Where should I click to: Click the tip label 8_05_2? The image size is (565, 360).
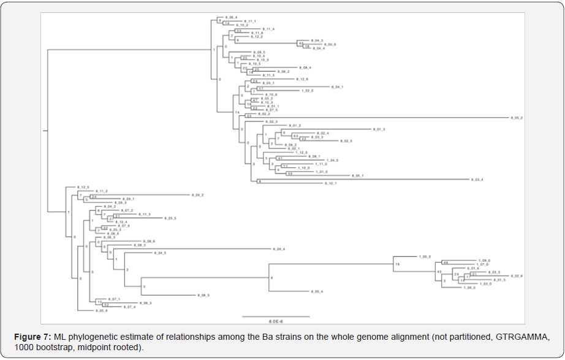pyautogui.click(x=517, y=117)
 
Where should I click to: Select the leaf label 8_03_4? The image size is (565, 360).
pyautogui.click(x=477, y=180)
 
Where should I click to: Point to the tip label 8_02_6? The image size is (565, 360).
pyautogui.click(x=516, y=276)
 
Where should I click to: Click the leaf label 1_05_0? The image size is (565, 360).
pyautogui.click(x=425, y=256)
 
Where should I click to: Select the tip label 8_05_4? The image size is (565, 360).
pyautogui.click(x=317, y=291)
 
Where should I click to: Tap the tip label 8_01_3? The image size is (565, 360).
pyautogui.click(x=379, y=129)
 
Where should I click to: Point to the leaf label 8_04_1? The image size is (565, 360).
pyautogui.click(x=337, y=87)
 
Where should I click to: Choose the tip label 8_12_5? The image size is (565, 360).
pyautogui.click(x=83, y=187)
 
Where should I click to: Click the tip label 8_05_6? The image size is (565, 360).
pyautogui.click(x=101, y=311)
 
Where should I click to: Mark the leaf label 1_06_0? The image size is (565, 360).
pyautogui.click(x=469, y=288)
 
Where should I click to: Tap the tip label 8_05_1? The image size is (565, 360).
pyautogui.click(x=358, y=175)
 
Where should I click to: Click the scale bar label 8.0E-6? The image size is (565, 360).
pyautogui.click(x=276, y=321)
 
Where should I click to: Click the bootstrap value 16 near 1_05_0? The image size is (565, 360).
pyautogui.click(x=397, y=264)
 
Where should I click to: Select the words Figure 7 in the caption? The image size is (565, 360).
pyautogui.click(x=34, y=337)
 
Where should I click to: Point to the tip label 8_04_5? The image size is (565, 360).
pyautogui.click(x=160, y=253)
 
